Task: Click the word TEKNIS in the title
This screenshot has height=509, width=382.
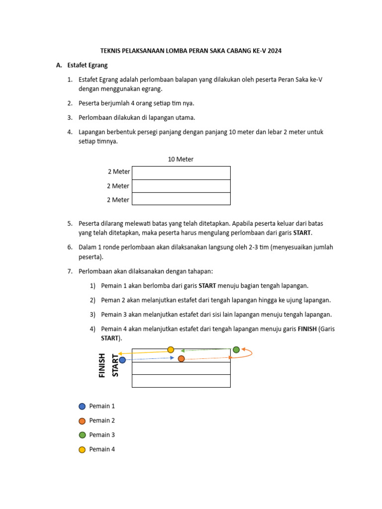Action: pos(110,51)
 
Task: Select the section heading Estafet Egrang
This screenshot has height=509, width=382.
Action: pos(88,65)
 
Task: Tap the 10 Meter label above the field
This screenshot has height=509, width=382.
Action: pos(181,159)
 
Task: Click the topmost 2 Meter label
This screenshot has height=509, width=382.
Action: pos(119,171)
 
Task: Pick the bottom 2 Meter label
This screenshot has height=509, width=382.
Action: pos(118,200)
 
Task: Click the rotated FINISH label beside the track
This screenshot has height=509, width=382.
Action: pos(102,365)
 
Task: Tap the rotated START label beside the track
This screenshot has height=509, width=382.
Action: pos(115,365)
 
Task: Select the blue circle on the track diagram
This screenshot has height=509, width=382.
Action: pos(122,360)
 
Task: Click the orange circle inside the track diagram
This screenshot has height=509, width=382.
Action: pos(181,358)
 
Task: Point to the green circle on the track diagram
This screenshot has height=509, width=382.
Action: pos(236,350)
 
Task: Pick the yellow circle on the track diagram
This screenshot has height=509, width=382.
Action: pos(171,350)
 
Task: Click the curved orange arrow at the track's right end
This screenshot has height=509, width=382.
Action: pos(249,353)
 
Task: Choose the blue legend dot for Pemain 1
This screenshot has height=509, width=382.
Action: pos(82,407)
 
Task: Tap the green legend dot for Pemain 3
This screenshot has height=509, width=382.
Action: pos(82,435)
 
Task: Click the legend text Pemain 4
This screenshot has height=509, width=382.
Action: pos(102,449)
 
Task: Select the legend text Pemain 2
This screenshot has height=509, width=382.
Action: pos(102,421)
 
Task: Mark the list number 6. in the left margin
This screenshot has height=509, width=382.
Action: pos(70,247)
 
